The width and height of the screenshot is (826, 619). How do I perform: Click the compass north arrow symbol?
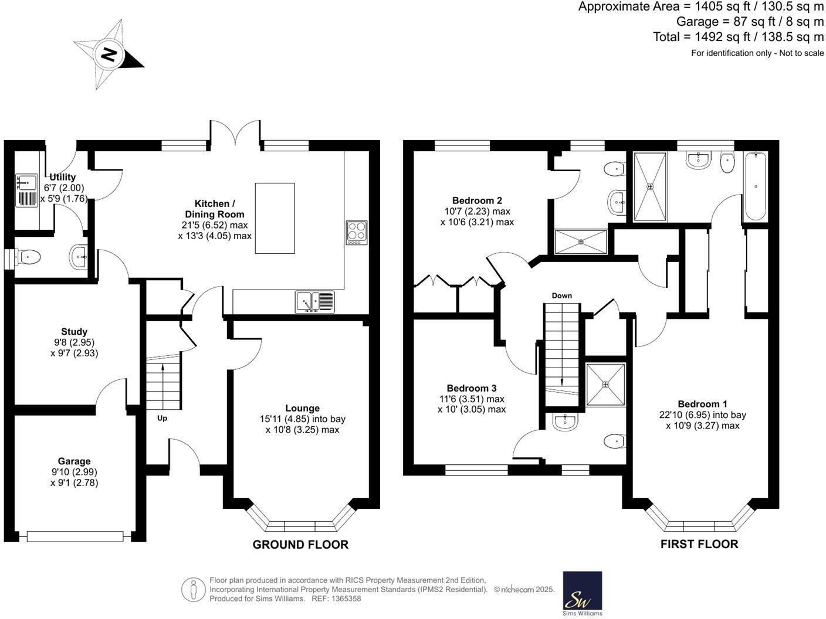109,55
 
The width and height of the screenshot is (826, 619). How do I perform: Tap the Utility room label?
62,177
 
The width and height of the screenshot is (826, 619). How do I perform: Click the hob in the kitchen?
357,232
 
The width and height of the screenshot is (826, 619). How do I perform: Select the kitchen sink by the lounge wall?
315,302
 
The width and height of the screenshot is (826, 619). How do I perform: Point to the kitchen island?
275,218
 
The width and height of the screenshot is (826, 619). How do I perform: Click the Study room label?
74,332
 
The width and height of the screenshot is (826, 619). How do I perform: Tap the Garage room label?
74,461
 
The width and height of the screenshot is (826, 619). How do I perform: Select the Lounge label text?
302,409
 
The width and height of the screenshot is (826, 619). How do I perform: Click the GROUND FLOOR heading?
300,545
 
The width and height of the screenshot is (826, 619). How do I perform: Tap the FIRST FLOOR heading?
699,544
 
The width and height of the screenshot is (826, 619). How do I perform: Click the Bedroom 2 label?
477,200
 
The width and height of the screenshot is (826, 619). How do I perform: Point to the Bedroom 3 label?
472,388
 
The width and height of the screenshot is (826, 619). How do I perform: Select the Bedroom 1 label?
702,404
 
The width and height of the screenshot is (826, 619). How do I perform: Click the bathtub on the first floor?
755,186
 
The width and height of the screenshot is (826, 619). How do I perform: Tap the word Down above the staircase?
561,295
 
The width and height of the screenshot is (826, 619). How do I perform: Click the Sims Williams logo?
582,593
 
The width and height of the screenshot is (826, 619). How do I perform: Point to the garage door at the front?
75,536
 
